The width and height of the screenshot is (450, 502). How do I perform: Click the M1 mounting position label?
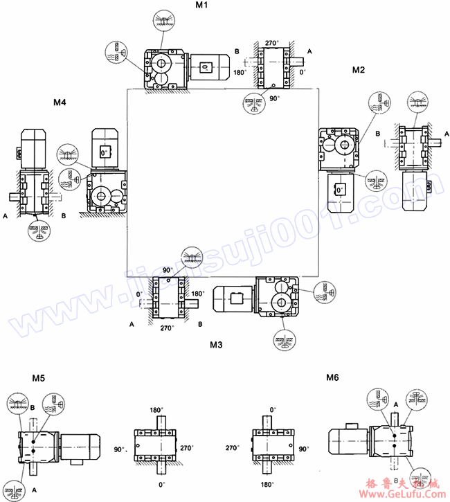point(202,6)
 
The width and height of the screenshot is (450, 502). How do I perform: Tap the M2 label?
point(359,70)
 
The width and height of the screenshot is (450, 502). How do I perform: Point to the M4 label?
point(60,102)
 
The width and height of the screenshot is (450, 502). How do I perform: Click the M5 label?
point(39,377)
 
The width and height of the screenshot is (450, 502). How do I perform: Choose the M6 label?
point(334,377)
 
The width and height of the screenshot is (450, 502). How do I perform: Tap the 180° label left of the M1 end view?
point(240,72)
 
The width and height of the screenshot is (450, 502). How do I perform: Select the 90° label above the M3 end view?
point(168,269)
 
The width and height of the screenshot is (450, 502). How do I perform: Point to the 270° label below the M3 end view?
point(167,328)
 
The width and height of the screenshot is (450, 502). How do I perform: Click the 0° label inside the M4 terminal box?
point(104,152)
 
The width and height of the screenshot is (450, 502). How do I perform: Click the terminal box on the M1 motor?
point(206,66)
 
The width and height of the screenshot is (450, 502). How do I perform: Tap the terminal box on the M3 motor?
point(235,300)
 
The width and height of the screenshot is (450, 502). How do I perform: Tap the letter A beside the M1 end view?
point(309,52)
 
